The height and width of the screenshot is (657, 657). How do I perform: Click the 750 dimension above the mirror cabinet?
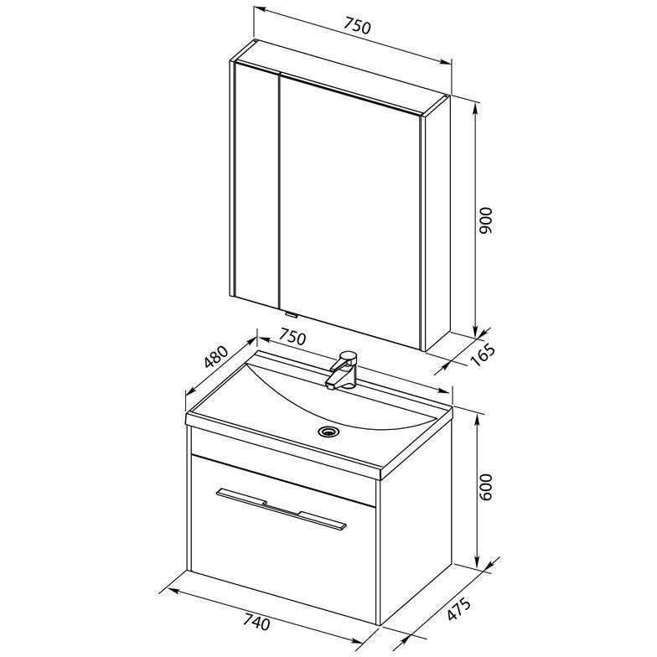click(357, 27)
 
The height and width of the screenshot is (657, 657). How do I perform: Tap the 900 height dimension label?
click(486, 220)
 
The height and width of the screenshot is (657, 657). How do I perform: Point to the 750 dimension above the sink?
click(293, 338)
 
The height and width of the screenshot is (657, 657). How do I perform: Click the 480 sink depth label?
click(217, 357)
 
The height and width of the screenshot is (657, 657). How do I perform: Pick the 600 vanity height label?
click(486, 487)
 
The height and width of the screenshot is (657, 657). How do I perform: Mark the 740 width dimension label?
click(256, 623)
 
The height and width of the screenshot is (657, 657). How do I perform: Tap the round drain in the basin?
click(328, 431)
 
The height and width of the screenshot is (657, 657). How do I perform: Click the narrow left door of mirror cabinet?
click(257, 184)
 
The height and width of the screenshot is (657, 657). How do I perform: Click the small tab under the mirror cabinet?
click(290, 313)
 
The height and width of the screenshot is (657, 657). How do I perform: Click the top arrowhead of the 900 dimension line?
click(474, 110)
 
